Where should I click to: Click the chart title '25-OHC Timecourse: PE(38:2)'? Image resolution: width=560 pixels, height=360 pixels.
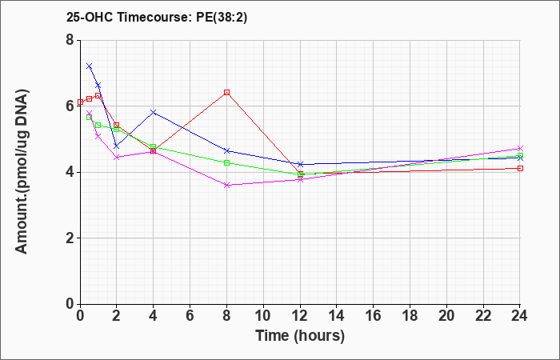click(x=157, y=18)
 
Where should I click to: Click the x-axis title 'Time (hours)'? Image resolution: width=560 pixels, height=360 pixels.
click(x=300, y=336)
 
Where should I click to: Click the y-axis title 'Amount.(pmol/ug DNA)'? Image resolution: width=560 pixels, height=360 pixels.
click(x=22, y=172)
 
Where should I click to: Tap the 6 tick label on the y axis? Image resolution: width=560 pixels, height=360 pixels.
click(x=70, y=106)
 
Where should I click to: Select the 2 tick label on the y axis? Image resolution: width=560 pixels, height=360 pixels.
click(x=70, y=238)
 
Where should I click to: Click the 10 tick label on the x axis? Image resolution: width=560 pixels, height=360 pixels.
click(x=263, y=316)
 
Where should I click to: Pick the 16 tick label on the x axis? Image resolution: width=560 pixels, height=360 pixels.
click(x=374, y=316)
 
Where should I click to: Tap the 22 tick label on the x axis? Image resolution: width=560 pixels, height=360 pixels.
click(x=483, y=316)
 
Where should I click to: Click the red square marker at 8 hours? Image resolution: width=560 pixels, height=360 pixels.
click(x=226, y=93)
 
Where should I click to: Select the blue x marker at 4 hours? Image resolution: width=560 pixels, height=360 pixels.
click(x=154, y=112)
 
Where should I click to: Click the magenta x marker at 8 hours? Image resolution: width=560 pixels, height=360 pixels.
click(x=226, y=185)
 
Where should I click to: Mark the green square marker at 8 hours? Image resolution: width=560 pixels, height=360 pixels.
click(x=226, y=163)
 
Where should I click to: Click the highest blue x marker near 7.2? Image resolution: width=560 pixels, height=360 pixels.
click(x=90, y=66)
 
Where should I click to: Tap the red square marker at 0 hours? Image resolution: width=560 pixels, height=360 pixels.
click(x=80, y=102)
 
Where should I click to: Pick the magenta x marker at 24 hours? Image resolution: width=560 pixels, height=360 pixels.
click(x=520, y=148)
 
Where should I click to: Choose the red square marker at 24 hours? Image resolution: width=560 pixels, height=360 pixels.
click(x=520, y=168)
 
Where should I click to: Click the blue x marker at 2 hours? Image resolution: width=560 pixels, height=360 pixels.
click(x=117, y=146)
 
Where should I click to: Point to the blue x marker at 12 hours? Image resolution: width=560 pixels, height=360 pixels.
click(x=300, y=164)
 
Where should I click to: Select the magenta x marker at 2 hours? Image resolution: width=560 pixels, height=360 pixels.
click(x=117, y=157)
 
